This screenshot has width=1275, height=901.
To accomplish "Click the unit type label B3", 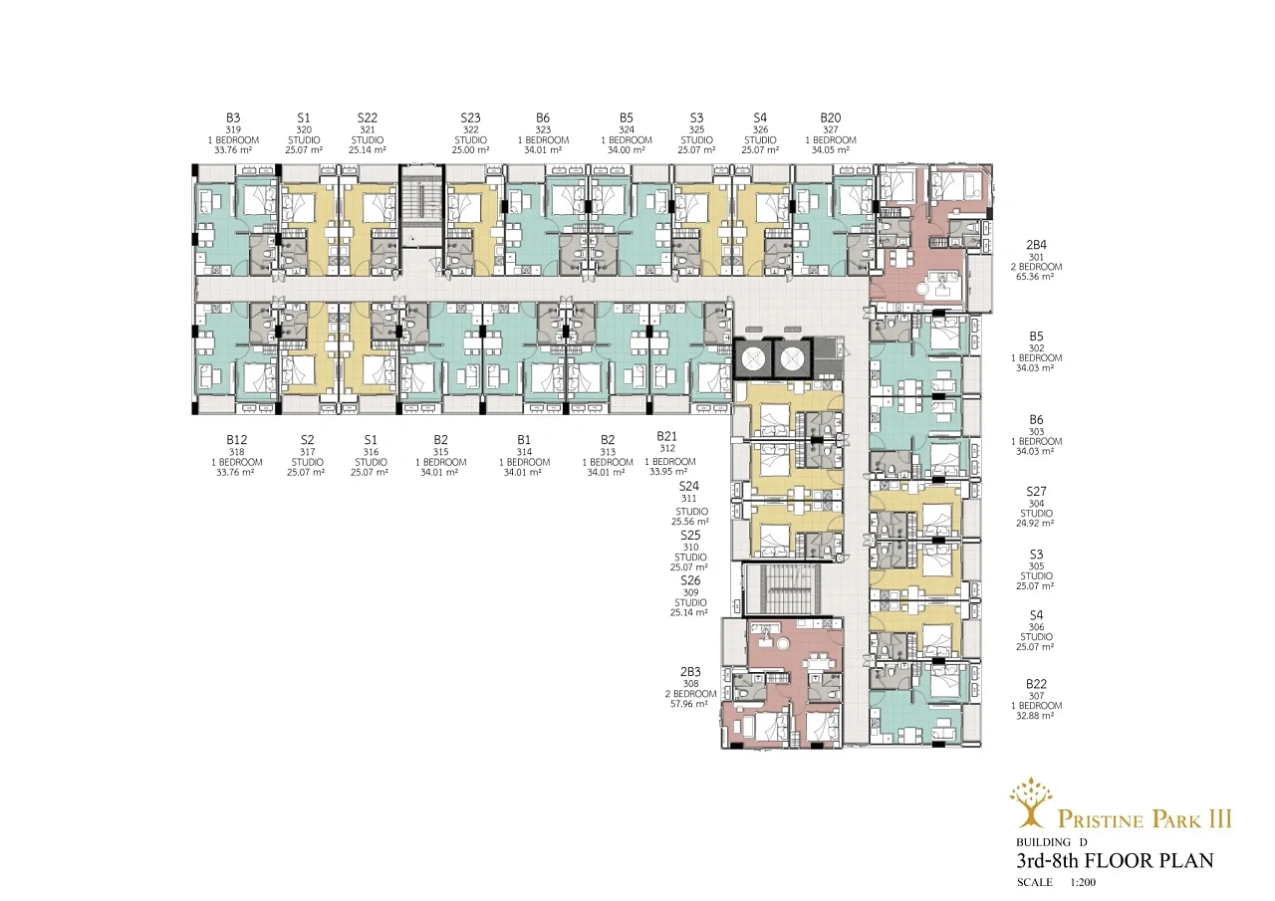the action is [233, 117].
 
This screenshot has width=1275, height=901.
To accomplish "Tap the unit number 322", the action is [471, 129].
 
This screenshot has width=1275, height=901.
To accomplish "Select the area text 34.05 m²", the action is [831, 150].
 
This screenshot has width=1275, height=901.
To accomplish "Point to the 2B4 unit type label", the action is [1037, 245].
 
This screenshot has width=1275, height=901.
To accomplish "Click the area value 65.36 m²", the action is [1035, 277].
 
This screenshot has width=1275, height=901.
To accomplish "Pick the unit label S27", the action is [1037, 491].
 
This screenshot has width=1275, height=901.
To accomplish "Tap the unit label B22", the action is [1037, 684].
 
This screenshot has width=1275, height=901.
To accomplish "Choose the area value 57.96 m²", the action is [689, 704].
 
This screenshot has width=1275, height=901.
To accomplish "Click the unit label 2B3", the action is [690, 671].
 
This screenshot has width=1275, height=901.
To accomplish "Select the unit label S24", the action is [689, 486].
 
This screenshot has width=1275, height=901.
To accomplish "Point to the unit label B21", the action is [667, 436].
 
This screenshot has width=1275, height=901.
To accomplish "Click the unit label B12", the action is [237, 440].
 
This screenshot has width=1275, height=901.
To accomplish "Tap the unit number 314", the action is [524, 452].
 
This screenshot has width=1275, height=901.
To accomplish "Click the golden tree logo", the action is [1031, 805].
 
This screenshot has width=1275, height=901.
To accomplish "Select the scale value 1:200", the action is [1083, 882].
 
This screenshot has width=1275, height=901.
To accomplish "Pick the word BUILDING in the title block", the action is [1043, 842].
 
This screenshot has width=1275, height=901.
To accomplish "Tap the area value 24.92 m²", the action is [1035, 524].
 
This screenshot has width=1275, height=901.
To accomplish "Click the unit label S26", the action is [690, 580].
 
